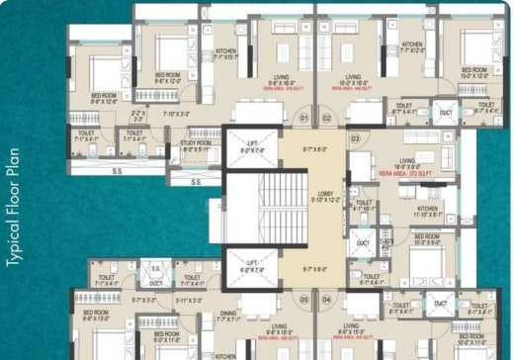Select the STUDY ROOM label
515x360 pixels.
point(199,145)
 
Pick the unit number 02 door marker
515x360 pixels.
point(327,117)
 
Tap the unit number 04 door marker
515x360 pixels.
point(327,299)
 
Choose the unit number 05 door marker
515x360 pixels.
point(304,299)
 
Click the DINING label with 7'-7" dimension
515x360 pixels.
point(228,315)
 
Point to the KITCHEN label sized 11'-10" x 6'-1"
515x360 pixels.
point(427,211)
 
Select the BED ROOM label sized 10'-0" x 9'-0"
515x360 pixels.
point(427,239)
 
